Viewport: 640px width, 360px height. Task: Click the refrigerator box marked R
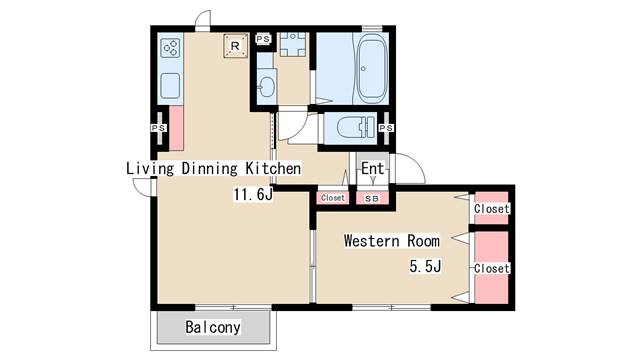[235, 46]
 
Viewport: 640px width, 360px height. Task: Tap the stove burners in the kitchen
[170, 48]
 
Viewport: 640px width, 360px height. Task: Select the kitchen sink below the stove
[170, 84]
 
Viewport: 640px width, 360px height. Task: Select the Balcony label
[213, 327]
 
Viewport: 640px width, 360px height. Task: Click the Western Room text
[391, 241]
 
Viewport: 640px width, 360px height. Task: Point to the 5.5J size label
[425, 266]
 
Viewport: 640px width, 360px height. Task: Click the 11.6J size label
[253, 195]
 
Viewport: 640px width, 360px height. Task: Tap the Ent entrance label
[372, 168]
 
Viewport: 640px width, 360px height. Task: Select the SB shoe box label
[371, 198]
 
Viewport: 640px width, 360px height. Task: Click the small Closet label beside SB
[333, 198]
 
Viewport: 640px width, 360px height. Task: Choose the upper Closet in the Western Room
[491, 208]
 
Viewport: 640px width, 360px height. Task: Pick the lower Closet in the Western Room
[491, 268]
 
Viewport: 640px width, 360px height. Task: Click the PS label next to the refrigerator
[263, 39]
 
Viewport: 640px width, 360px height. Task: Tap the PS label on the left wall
[157, 128]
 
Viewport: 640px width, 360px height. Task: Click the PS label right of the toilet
[387, 128]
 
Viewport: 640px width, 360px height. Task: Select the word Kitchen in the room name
[273, 168]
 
